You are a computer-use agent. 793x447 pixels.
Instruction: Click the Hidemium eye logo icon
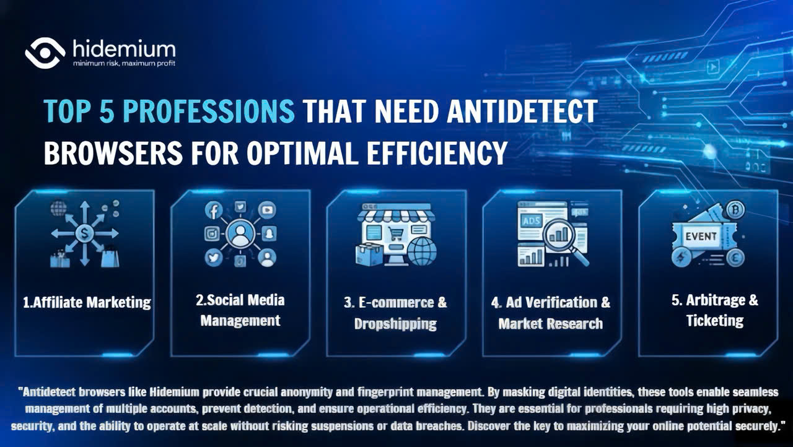click(x=45, y=53)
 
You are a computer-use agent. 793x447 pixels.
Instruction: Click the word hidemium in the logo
click(x=124, y=48)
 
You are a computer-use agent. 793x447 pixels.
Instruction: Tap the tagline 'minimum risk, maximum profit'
click(x=124, y=64)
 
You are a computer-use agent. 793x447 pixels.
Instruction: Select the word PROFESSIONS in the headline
click(x=209, y=111)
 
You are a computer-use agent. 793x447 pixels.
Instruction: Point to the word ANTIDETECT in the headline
click(x=522, y=111)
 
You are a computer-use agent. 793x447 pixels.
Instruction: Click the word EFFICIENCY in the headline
click(x=437, y=153)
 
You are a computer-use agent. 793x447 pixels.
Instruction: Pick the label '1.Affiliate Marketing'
click(x=87, y=302)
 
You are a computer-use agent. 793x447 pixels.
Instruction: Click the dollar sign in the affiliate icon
click(x=84, y=233)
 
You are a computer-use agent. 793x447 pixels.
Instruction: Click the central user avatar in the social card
click(x=240, y=234)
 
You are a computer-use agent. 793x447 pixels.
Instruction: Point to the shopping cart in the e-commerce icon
click(x=396, y=234)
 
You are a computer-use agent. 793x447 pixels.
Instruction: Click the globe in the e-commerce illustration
click(x=422, y=251)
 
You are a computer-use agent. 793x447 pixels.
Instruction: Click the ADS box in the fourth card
click(x=532, y=222)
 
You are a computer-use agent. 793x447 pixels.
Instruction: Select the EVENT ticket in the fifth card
click(x=701, y=237)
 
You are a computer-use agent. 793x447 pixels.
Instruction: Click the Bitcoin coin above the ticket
click(x=735, y=210)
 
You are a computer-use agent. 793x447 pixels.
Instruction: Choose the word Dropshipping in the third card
click(x=395, y=324)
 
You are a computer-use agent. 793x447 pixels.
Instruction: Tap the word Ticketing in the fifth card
click(x=715, y=321)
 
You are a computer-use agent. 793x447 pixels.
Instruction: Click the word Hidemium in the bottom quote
click(x=175, y=392)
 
